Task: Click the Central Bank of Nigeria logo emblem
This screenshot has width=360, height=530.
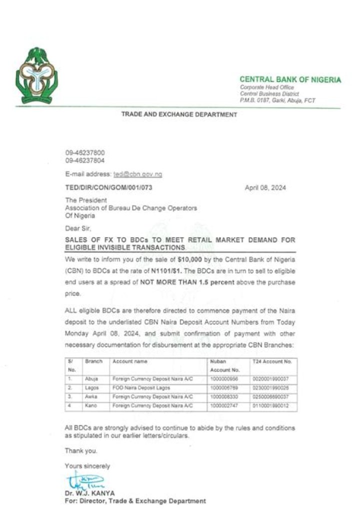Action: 36,76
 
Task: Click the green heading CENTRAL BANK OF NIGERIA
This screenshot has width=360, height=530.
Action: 290,80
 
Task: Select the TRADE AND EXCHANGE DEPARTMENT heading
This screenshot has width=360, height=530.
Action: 179,115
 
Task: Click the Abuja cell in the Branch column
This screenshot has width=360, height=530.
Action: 92,379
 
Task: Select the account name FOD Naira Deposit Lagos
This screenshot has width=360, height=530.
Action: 137,388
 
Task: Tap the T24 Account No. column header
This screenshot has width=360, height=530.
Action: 272,361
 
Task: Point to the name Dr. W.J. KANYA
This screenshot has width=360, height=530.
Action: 89,493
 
